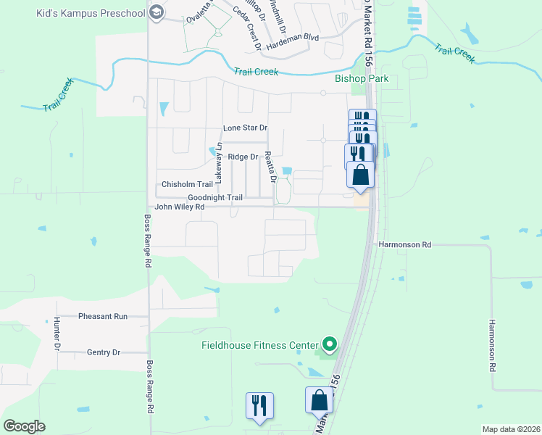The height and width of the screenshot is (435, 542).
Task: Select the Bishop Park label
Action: click(x=362, y=79)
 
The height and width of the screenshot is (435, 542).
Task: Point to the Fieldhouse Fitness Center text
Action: click(x=259, y=345)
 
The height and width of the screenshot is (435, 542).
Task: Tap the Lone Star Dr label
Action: click(x=246, y=128)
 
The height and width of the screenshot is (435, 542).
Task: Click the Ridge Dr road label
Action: click(x=243, y=157)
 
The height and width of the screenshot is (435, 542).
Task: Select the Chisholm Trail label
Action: click(x=187, y=185)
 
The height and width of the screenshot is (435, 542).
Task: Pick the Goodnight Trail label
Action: click(x=214, y=197)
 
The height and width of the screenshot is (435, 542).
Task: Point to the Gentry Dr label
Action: click(x=103, y=352)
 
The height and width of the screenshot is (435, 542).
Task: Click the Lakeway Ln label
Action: click(x=218, y=166)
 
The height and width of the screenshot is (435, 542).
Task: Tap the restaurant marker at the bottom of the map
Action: click(x=259, y=406)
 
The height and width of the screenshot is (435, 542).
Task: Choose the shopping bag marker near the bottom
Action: click(x=319, y=401)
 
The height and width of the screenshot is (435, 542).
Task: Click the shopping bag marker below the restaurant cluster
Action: click(x=361, y=175)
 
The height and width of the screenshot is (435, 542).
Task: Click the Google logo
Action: click(x=24, y=426)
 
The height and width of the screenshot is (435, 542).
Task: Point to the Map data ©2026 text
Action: click(x=510, y=429)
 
